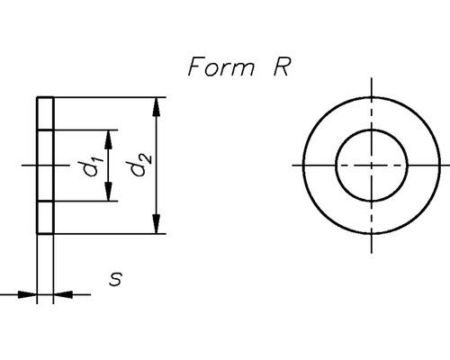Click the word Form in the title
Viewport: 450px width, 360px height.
tap(220, 67)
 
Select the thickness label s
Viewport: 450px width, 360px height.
tap(115, 280)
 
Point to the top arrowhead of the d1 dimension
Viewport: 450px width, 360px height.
tap(109, 137)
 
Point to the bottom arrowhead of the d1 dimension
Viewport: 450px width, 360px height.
tap(109, 194)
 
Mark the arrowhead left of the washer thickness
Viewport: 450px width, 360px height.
tap(29, 293)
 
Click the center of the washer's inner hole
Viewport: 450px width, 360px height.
tap(372, 166)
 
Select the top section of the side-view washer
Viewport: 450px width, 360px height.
tap(46, 113)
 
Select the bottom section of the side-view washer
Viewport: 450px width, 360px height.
tap(46, 218)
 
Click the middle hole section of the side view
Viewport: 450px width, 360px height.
tap(46, 166)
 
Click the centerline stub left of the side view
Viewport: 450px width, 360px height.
tap(24, 166)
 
